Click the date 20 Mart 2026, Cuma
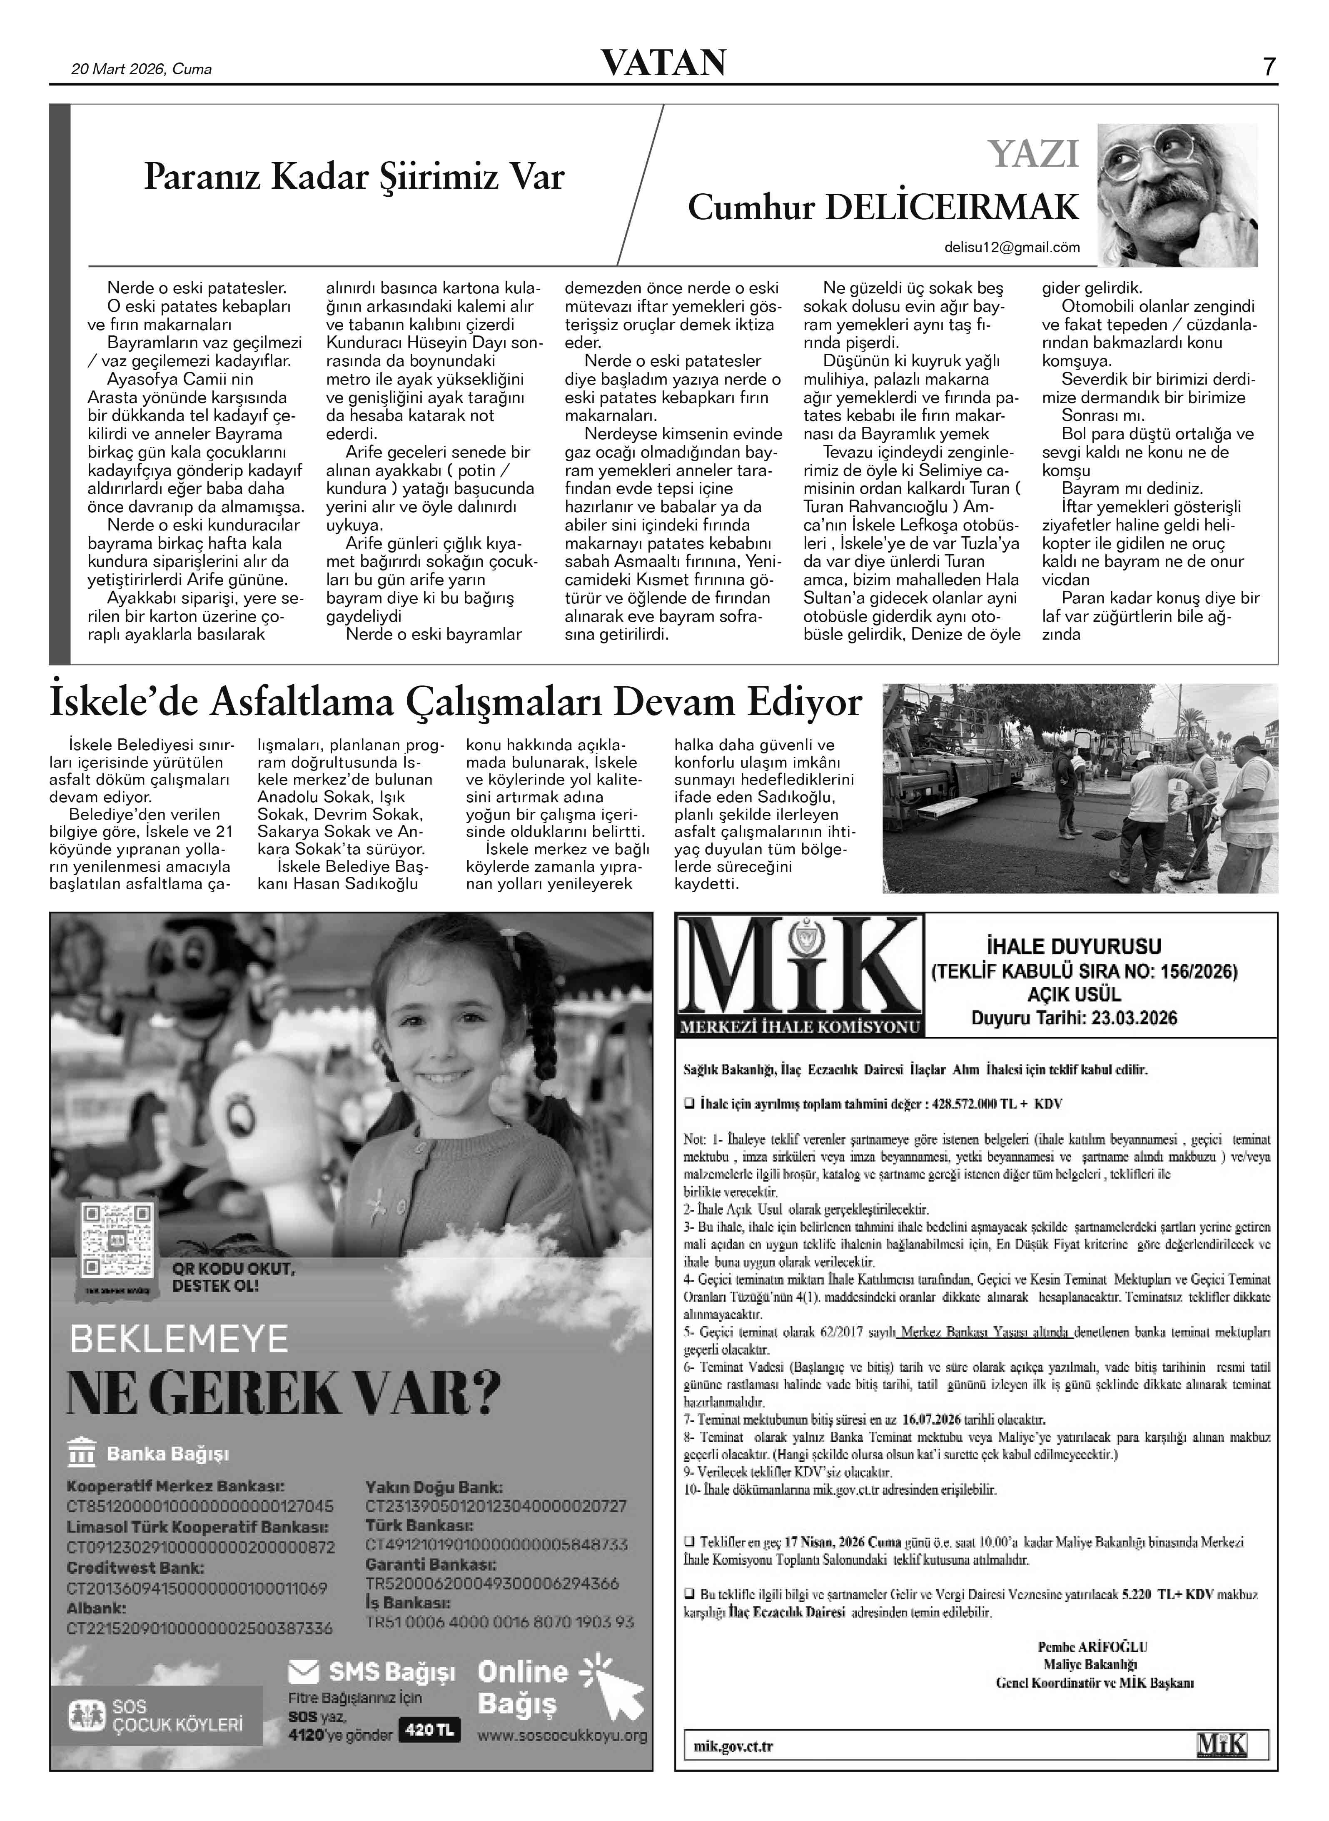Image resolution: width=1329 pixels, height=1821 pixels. coord(142,69)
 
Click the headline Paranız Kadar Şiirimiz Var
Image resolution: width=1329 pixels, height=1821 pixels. coord(354,177)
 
